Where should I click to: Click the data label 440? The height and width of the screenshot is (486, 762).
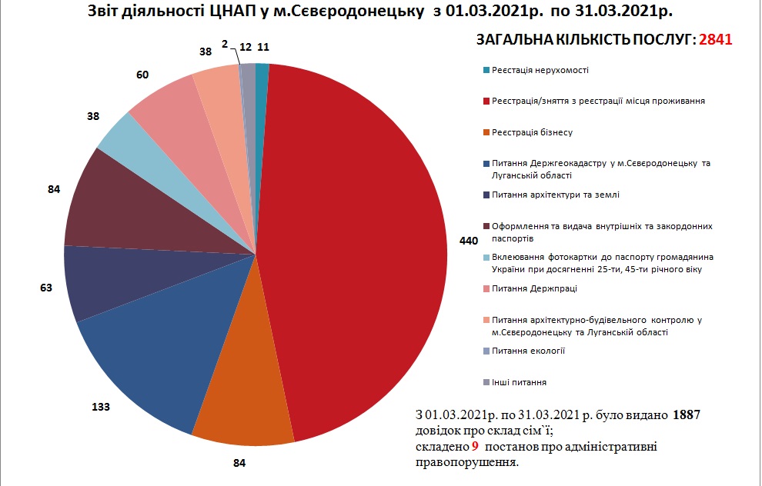[469, 241]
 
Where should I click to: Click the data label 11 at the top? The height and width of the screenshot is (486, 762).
[264, 47]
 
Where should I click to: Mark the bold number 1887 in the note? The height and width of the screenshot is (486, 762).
[686, 415]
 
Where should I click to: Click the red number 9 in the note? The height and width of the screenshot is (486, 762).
[476, 447]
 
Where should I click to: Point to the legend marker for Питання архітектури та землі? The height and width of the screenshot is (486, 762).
[486, 195]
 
